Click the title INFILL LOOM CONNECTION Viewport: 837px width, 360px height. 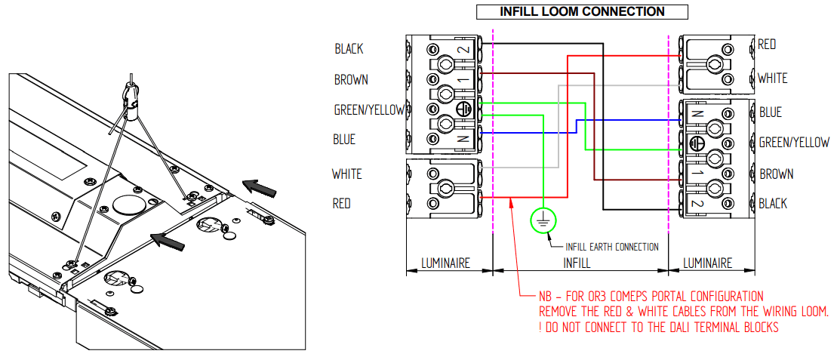(582, 11)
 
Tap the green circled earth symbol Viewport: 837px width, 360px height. (543, 220)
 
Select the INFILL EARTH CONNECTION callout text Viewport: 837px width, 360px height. (612, 247)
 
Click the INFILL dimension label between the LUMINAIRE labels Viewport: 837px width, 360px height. (578, 263)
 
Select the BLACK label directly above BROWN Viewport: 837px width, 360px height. (349, 49)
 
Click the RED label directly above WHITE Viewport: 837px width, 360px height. (768, 45)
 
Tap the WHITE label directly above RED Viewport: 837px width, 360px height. (347, 174)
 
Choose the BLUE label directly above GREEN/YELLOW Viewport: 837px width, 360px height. (771, 112)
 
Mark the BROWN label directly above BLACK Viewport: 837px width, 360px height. (776, 174)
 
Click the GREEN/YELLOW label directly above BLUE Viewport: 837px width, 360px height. (370, 110)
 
